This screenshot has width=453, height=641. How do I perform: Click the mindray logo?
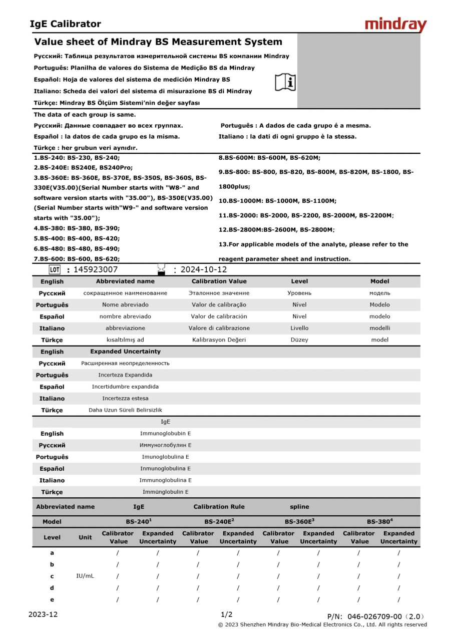click(395, 25)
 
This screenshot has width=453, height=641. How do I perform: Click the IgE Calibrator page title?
click(66, 24)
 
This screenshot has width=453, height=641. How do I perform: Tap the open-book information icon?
click(285, 82)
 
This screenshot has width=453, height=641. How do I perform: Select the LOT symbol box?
click(55, 270)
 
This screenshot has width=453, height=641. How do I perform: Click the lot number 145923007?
click(96, 270)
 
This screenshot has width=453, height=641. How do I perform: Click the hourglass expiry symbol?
click(161, 269)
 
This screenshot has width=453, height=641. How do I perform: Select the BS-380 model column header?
click(379, 521)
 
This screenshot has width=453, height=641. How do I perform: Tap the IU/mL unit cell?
click(85, 576)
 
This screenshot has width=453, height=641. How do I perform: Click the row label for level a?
click(52, 553)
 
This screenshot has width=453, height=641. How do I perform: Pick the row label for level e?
click(52, 599)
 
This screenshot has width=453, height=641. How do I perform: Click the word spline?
click(299, 507)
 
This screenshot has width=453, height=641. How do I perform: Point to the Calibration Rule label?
click(219, 507)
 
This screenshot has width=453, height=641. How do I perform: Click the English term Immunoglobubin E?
click(166, 433)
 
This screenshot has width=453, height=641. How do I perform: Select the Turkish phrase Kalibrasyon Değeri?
click(219, 340)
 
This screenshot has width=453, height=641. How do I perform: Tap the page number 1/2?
click(226, 614)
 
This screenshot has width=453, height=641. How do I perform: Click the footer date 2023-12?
click(43, 614)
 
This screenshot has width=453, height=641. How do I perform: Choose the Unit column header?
click(85, 537)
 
